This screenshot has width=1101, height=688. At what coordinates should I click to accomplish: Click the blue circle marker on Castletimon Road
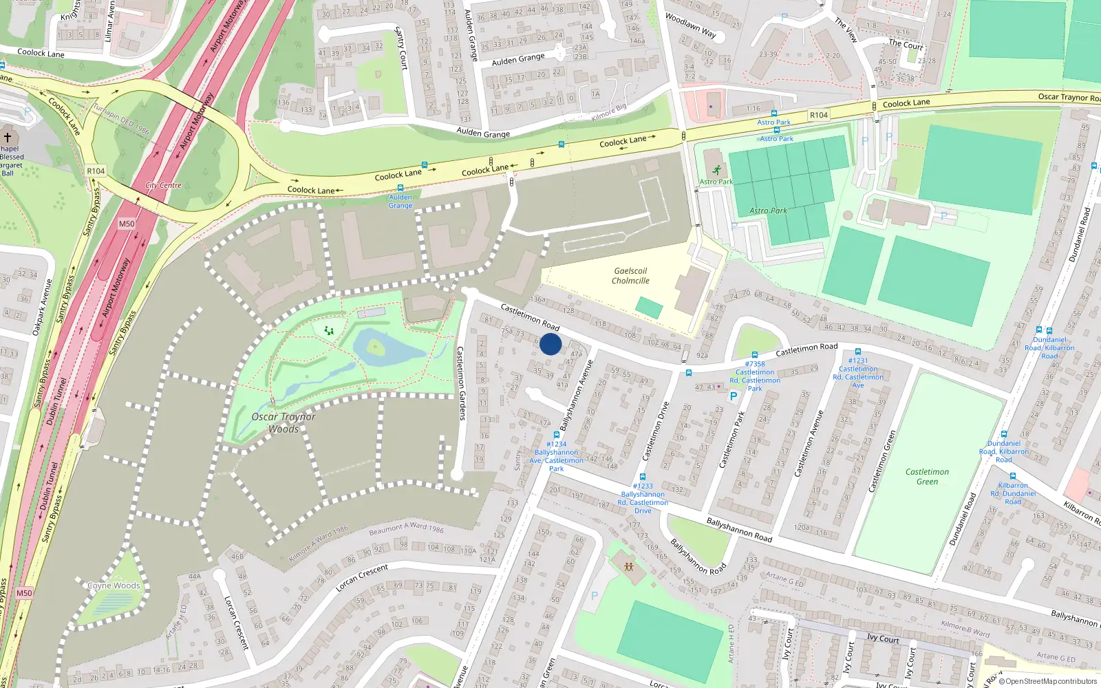(550, 344)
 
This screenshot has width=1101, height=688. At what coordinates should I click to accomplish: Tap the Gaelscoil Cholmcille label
(630, 276)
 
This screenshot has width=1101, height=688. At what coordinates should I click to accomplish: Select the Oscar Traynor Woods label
(284, 422)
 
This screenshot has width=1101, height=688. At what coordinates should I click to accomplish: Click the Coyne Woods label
(114, 585)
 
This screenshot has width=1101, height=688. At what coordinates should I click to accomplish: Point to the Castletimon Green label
(927, 476)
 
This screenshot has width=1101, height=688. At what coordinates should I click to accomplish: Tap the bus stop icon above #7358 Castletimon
(755, 355)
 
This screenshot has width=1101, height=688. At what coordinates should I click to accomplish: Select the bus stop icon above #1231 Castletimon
(857, 351)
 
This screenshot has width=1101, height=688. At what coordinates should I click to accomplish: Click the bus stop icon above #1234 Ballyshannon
(556, 436)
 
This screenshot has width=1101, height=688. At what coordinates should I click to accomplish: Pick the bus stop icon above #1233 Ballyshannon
(643, 477)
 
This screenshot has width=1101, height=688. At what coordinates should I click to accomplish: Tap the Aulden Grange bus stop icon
(400, 187)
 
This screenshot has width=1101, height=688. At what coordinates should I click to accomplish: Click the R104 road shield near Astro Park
(819, 115)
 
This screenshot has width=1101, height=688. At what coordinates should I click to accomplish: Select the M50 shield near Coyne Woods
(24, 593)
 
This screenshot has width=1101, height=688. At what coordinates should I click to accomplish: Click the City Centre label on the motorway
(163, 185)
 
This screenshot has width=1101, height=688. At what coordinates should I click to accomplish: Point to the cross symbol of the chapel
(8, 138)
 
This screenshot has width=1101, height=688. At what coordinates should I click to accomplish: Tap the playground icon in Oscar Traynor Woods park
(329, 331)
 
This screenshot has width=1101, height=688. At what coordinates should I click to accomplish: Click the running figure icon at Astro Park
(717, 170)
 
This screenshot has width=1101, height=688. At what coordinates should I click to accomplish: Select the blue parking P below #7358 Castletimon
(734, 396)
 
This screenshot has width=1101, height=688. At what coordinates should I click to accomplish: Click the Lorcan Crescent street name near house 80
(362, 577)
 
